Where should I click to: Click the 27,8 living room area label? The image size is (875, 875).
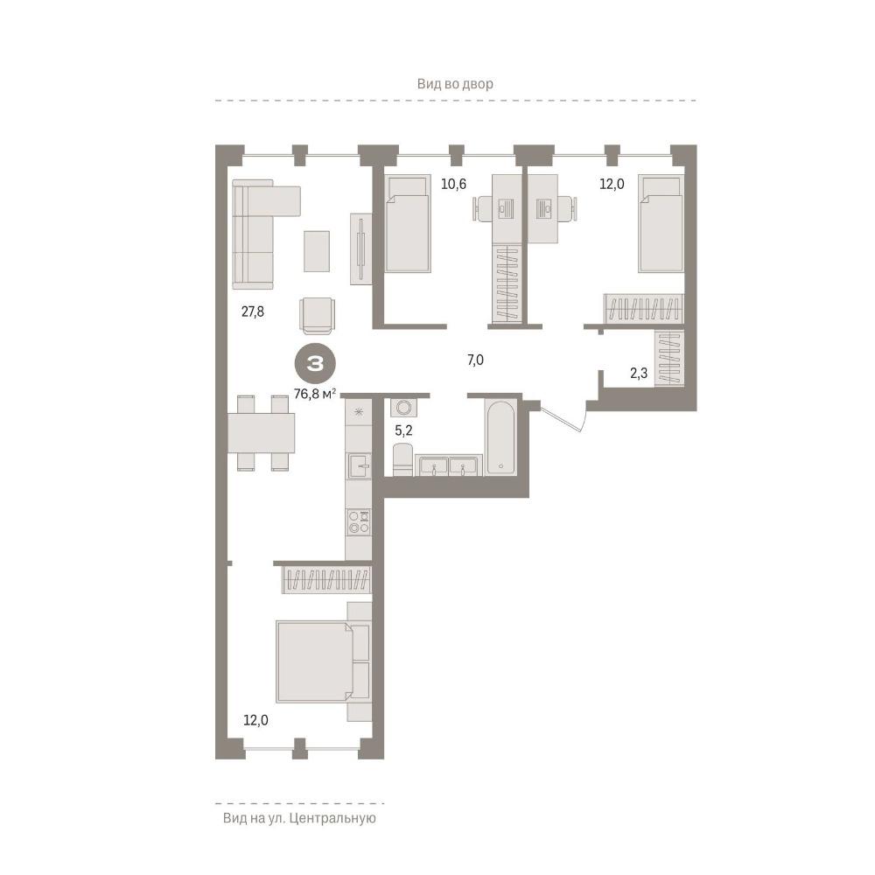point(252,311)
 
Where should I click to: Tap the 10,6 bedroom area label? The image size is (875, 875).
point(453,184)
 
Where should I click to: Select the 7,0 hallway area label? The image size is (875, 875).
point(475,360)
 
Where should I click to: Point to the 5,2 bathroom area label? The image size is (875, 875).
point(403,430)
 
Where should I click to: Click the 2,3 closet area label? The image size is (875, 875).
point(639,373)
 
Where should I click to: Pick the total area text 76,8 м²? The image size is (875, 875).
point(315,394)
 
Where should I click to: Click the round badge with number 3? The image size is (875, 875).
point(315,364)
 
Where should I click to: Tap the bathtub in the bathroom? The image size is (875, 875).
point(500,438)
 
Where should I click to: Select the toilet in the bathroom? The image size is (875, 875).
point(402,459)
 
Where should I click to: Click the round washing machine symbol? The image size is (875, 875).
point(403,408)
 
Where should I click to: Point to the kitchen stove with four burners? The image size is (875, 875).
point(359,522)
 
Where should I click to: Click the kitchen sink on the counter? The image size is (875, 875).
point(359,465)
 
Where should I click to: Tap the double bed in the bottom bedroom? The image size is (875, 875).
point(324,661)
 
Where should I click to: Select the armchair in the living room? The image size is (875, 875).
point(318,315)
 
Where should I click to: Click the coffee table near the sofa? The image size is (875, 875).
point(317,251)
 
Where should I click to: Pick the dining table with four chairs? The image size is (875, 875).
point(261,433)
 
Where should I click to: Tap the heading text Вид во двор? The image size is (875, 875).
point(455,84)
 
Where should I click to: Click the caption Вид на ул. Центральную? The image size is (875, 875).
point(299,818)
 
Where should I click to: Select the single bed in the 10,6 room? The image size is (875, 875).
point(408,224)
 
